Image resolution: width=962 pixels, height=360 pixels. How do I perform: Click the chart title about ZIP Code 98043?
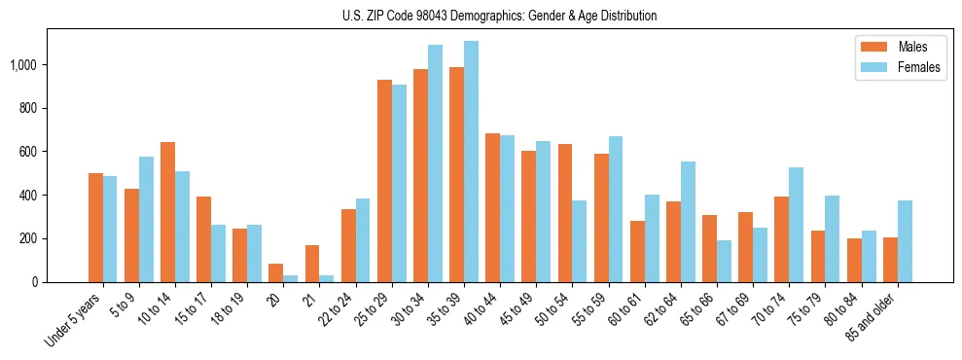(x=499, y=16)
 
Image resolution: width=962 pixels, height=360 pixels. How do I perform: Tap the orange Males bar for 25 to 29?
(x=384, y=181)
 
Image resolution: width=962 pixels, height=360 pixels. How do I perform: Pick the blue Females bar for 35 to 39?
(x=471, y=162)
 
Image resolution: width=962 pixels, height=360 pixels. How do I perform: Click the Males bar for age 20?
(x=276, y=272)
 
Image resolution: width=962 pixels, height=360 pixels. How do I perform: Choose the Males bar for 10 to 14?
(x=167, y=212)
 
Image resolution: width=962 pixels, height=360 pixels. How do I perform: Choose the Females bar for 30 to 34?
(x=435, y=163)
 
